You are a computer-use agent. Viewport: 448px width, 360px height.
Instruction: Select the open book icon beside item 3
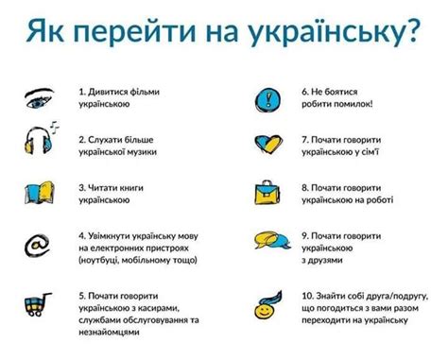pyautogui.click(x=38, y=195)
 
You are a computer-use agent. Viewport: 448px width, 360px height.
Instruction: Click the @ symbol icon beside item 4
pyautogui.click(x=37, y=245)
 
